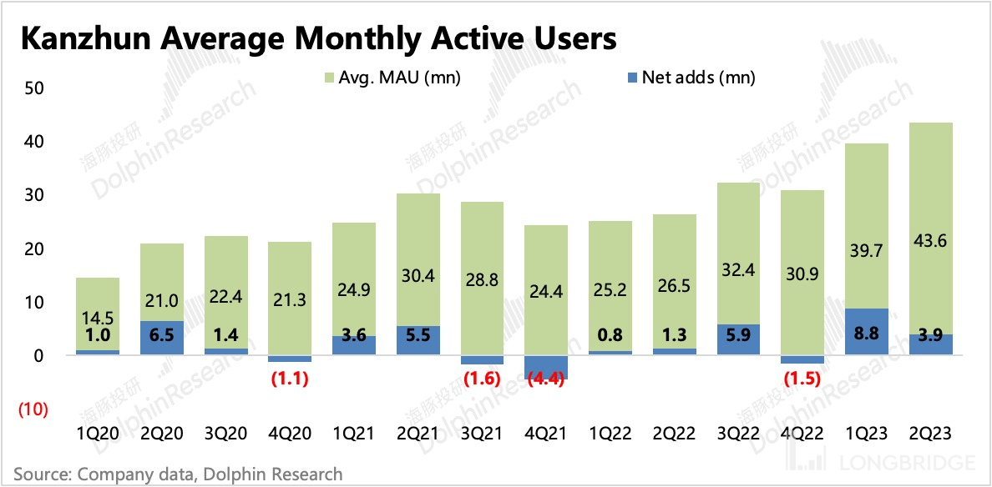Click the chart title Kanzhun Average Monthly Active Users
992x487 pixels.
click(318, 39)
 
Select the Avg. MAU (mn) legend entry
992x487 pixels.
click(391, 78)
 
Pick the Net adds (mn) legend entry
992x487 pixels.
click(690, 78)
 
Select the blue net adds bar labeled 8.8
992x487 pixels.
click(867, 332)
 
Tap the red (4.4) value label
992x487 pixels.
click(546, 378)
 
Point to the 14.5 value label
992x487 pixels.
click(98, 318)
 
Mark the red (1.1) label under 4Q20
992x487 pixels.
click(290, 378)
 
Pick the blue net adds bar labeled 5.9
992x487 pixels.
click(739, 339)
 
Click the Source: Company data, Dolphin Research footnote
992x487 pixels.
click(178, 474)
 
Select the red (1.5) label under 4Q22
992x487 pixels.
click(802, 378)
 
